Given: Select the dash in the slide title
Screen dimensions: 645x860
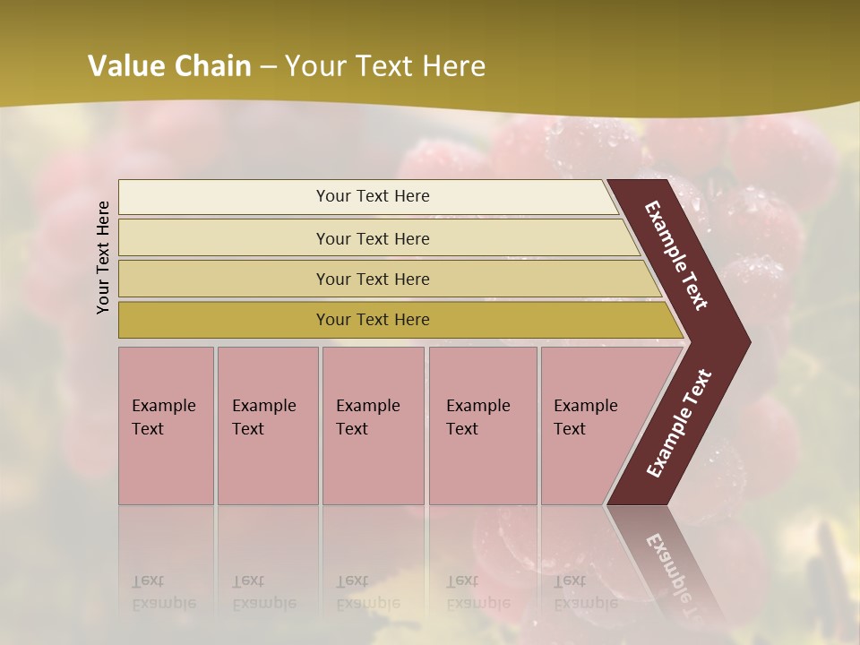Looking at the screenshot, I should click(x=268, y=67).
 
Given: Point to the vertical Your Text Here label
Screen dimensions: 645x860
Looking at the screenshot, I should click(x=103, y=257).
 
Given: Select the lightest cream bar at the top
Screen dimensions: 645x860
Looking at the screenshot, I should click(x=367, y=197).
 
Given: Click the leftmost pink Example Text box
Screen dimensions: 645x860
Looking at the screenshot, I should click(x=166, y=426).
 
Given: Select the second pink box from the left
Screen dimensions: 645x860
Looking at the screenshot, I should click(x=267, y=426).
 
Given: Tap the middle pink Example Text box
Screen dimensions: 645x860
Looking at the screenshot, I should click(x=373, y=426).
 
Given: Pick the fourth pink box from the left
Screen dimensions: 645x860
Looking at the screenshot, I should click(x=482, y=426).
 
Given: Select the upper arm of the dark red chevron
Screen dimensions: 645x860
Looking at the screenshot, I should click(x=676, y=255).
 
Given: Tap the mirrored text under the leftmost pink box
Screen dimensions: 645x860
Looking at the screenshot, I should click(x=164, y=592).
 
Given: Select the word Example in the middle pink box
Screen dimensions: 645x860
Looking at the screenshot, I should click(x=367, y=406).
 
